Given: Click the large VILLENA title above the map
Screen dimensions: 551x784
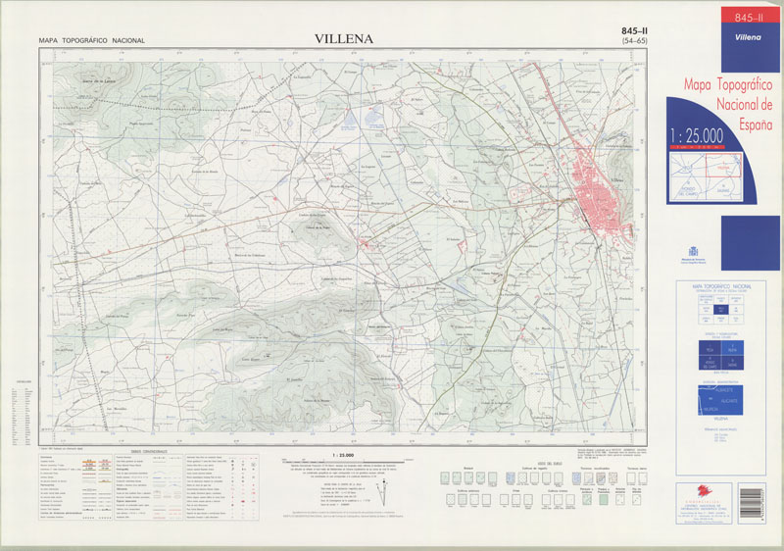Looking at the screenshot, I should pyautogui.click(x=344, y=38).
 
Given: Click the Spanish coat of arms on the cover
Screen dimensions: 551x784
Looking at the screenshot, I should pyautogui.click(x=699, y=239).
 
